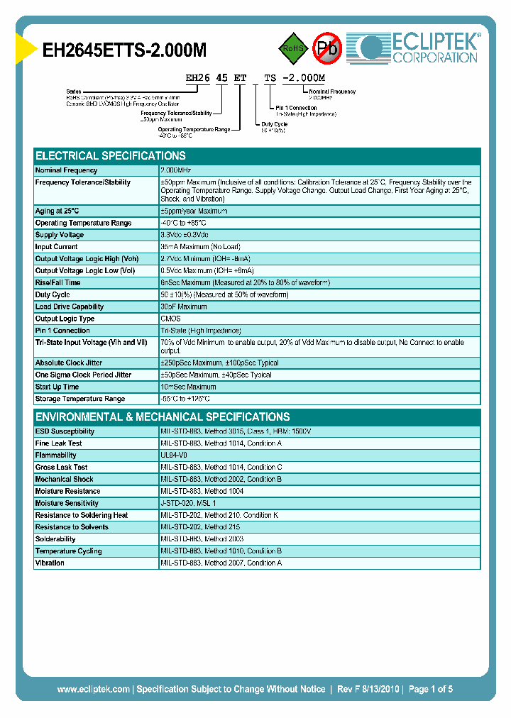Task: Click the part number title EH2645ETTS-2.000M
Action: tap(125, 50)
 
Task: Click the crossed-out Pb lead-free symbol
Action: tap(327, 48)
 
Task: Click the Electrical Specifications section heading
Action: tap(111, 156)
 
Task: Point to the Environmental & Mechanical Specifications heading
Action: tap(163, 417)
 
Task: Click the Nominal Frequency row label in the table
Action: tap(67, 170)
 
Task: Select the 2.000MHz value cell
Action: tap(176, 170)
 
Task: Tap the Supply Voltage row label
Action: tap(60, 235)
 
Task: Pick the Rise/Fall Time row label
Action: tap(58, 282)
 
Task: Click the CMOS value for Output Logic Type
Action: tap(170, 319)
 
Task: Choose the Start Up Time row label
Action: tap(57, 387)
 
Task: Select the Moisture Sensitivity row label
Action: tap(67, 503)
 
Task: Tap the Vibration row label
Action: tap(50, 563)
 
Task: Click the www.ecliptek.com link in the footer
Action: tap(93, 689)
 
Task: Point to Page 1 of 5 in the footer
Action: tap(430, 689)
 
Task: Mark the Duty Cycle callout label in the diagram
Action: tap(275, 123)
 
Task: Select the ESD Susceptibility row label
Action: tap(65, 431)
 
